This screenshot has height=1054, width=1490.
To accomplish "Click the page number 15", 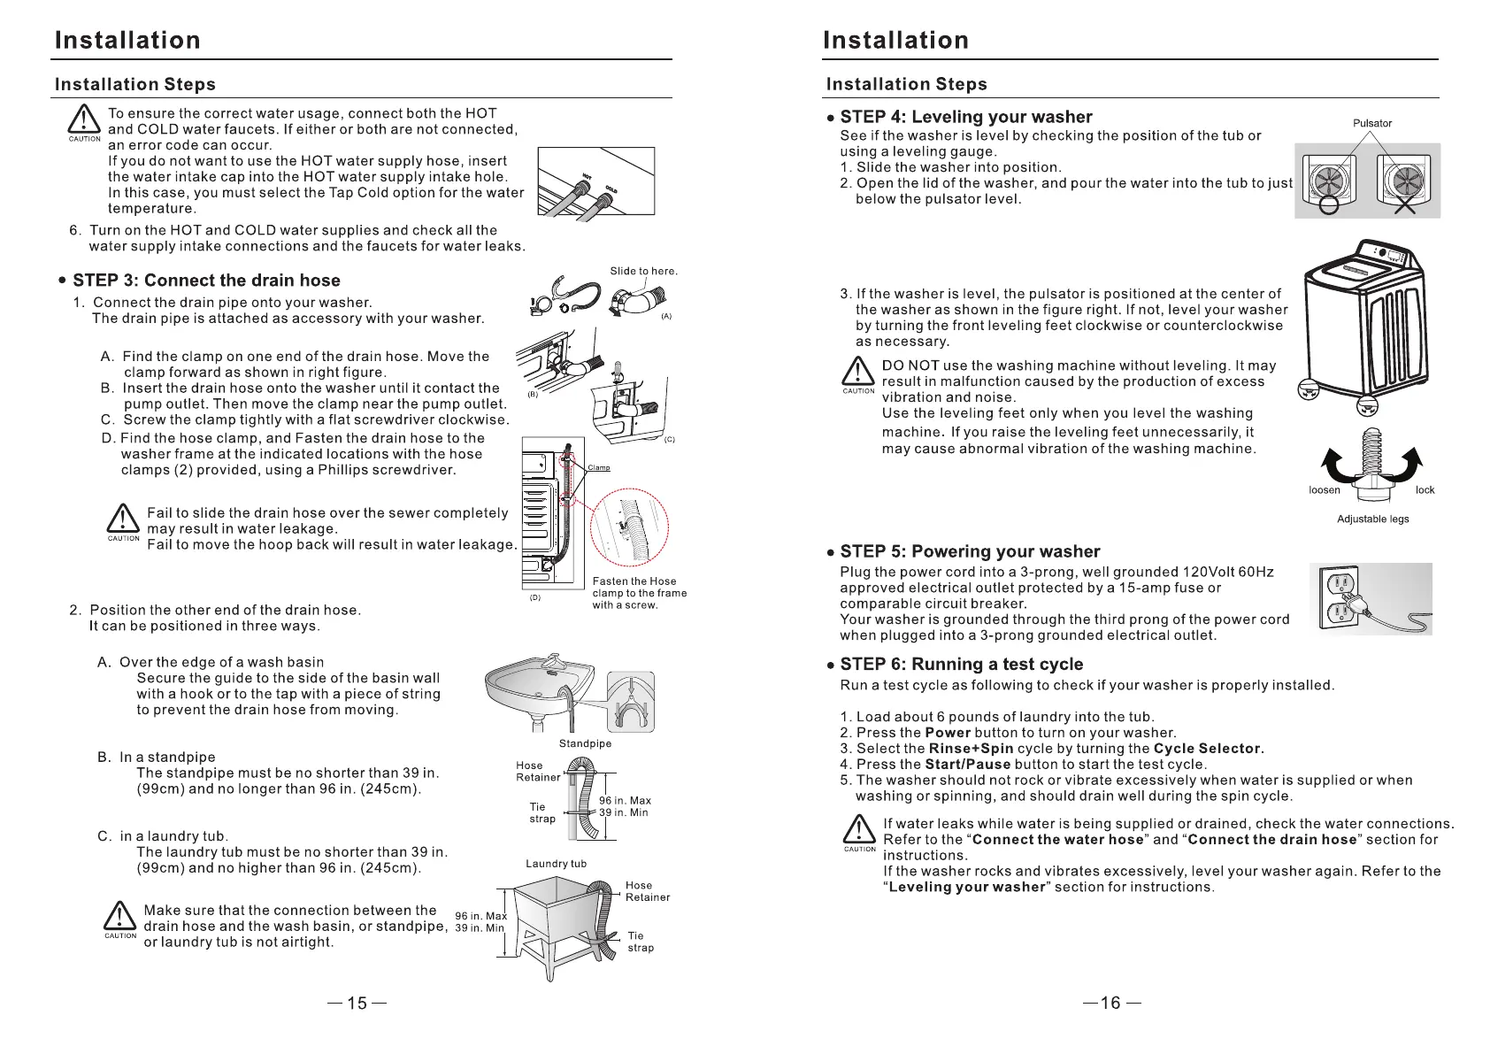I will (357, 1003).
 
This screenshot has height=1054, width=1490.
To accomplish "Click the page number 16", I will (1110, 1003).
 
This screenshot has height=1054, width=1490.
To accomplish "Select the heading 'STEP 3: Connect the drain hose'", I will (206, 281).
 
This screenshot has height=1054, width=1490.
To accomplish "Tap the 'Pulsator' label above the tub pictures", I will (1371, 123).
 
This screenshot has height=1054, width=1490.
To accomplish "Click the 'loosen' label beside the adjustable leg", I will (1325, 490).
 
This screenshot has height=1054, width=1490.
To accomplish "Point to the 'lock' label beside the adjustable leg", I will (1425, 490).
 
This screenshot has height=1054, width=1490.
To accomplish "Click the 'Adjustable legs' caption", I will (1372, 519).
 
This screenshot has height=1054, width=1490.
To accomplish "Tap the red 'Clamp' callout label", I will (599, 468).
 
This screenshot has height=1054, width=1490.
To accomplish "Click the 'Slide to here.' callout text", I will (643, 272).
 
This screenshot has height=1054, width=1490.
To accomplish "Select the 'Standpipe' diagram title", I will (585, 744).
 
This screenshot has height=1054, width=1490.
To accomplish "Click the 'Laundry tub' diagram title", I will (556, 864).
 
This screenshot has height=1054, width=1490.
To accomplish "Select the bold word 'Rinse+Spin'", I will (971, 749).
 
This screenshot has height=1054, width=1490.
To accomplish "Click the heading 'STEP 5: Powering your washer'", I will (970, 552).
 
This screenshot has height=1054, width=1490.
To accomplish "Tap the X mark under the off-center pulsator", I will (1405, 205).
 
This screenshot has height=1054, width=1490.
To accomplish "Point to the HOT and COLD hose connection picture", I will (595, 182).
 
